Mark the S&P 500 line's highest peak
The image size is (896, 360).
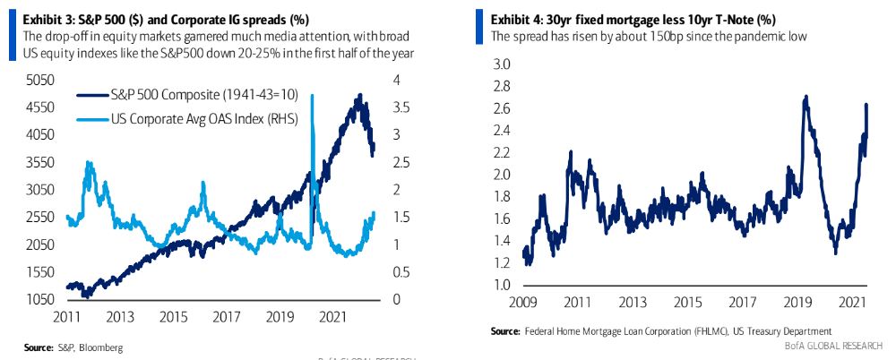[360, 95]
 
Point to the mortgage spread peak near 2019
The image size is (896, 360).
[806, 98]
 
